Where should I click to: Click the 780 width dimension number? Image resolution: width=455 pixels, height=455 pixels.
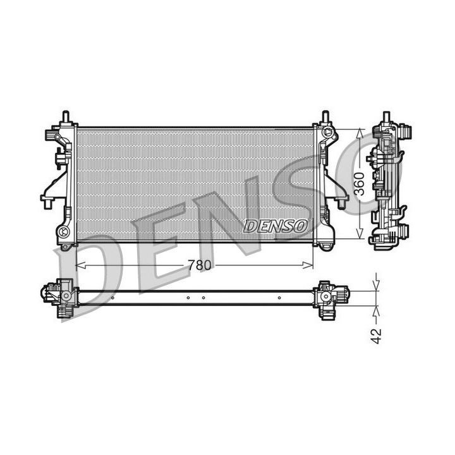coord(198,265)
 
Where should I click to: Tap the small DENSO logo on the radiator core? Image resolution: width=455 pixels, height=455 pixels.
coord(275,225)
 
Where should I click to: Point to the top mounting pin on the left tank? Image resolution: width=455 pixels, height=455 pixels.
coord(65,117)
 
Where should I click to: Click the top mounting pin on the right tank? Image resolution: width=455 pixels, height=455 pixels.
coord(325,118)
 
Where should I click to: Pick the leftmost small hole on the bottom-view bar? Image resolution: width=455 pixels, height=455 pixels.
coord(112,298)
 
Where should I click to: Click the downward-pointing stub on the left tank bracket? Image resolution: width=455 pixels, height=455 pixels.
coord(47,203)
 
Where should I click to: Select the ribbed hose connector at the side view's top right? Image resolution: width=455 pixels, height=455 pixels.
coord(407,132)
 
